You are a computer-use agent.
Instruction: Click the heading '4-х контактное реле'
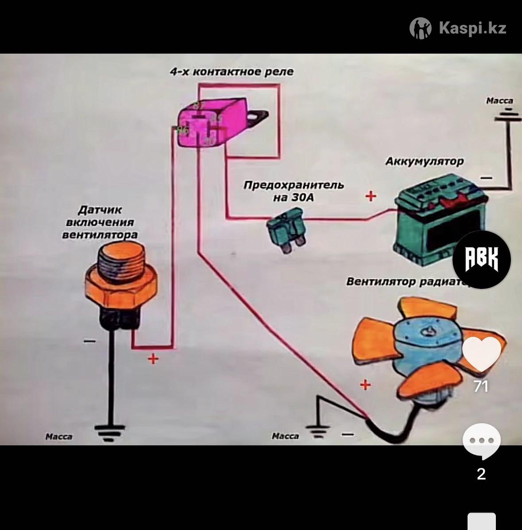(232, 72)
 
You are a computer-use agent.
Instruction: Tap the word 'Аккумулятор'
(425, 161)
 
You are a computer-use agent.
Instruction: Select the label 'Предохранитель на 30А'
(293, 191)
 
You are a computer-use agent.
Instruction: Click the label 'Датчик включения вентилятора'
(100, 222)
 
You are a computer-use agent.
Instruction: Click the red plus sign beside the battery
(371, 195)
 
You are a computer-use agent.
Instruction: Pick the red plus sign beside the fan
(365, 385)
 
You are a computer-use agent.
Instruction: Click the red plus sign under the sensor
(153, 358)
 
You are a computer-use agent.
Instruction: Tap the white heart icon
(481, 353)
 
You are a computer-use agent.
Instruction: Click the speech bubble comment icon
(481, 441)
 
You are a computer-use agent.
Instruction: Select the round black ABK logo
(481, 259)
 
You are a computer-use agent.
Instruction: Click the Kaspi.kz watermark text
(472, 28)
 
